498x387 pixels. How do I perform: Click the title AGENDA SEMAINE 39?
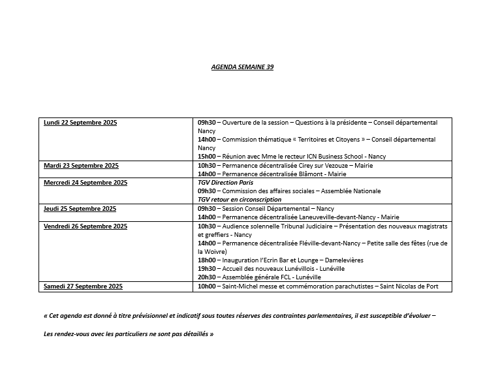pos(243,67)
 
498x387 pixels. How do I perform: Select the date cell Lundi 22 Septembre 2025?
pos(80,123)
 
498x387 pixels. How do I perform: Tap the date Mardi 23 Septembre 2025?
pos(81,166)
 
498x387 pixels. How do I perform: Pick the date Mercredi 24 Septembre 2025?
pos(86,183)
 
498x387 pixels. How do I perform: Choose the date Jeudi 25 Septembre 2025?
pos(80,209)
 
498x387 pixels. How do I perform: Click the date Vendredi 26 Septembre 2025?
pos(86,226)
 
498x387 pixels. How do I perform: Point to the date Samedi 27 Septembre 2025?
pos(82,286)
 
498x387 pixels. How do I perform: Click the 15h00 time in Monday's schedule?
pos(206,157)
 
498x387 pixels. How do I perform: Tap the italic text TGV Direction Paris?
pos(225,183)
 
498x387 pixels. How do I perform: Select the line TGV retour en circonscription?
pos(240,200)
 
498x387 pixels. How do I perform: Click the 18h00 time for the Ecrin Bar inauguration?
pos(206,260)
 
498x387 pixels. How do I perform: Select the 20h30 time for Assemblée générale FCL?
pos(206,277)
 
